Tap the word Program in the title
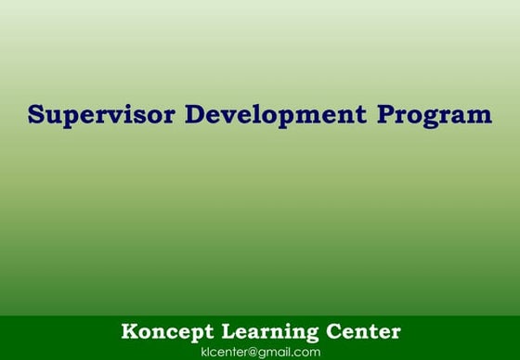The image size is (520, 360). tap(435, 116)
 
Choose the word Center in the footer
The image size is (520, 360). tap(364, 331)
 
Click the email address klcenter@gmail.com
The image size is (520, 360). tap(260, 352)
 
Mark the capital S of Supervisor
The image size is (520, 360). tap(36, 115)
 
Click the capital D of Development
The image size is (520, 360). tap(197, 115)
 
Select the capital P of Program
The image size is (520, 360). tap(384, 115)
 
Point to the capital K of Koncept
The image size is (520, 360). tap(128, 331)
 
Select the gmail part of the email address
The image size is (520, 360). tap(274, 353)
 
